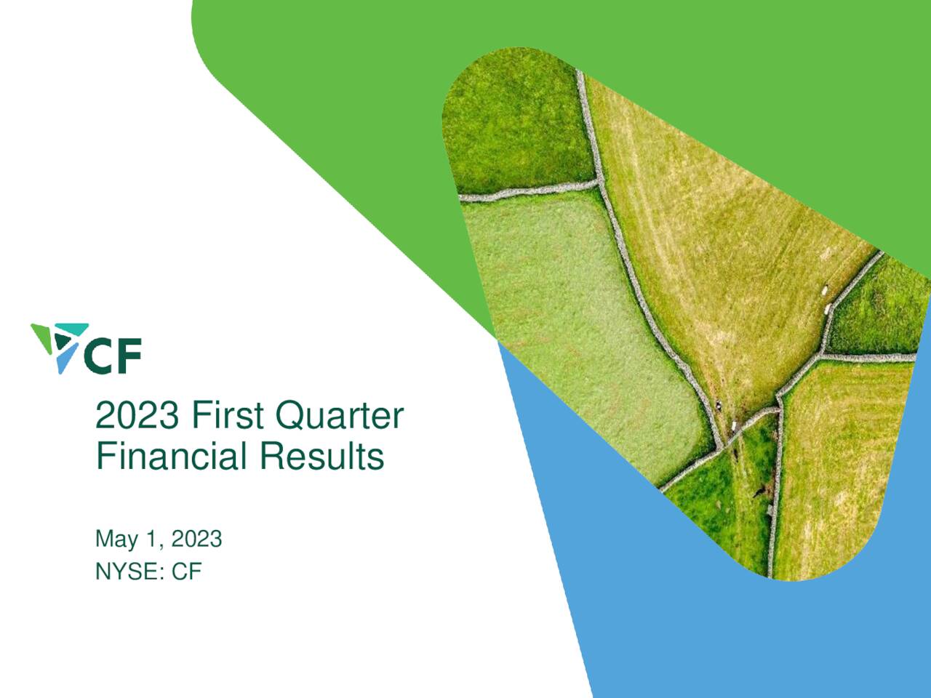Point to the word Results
coord(321,457)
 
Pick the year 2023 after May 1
coord(196,539)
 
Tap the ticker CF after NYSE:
coord(186,571)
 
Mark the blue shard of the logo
coord(67,359)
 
